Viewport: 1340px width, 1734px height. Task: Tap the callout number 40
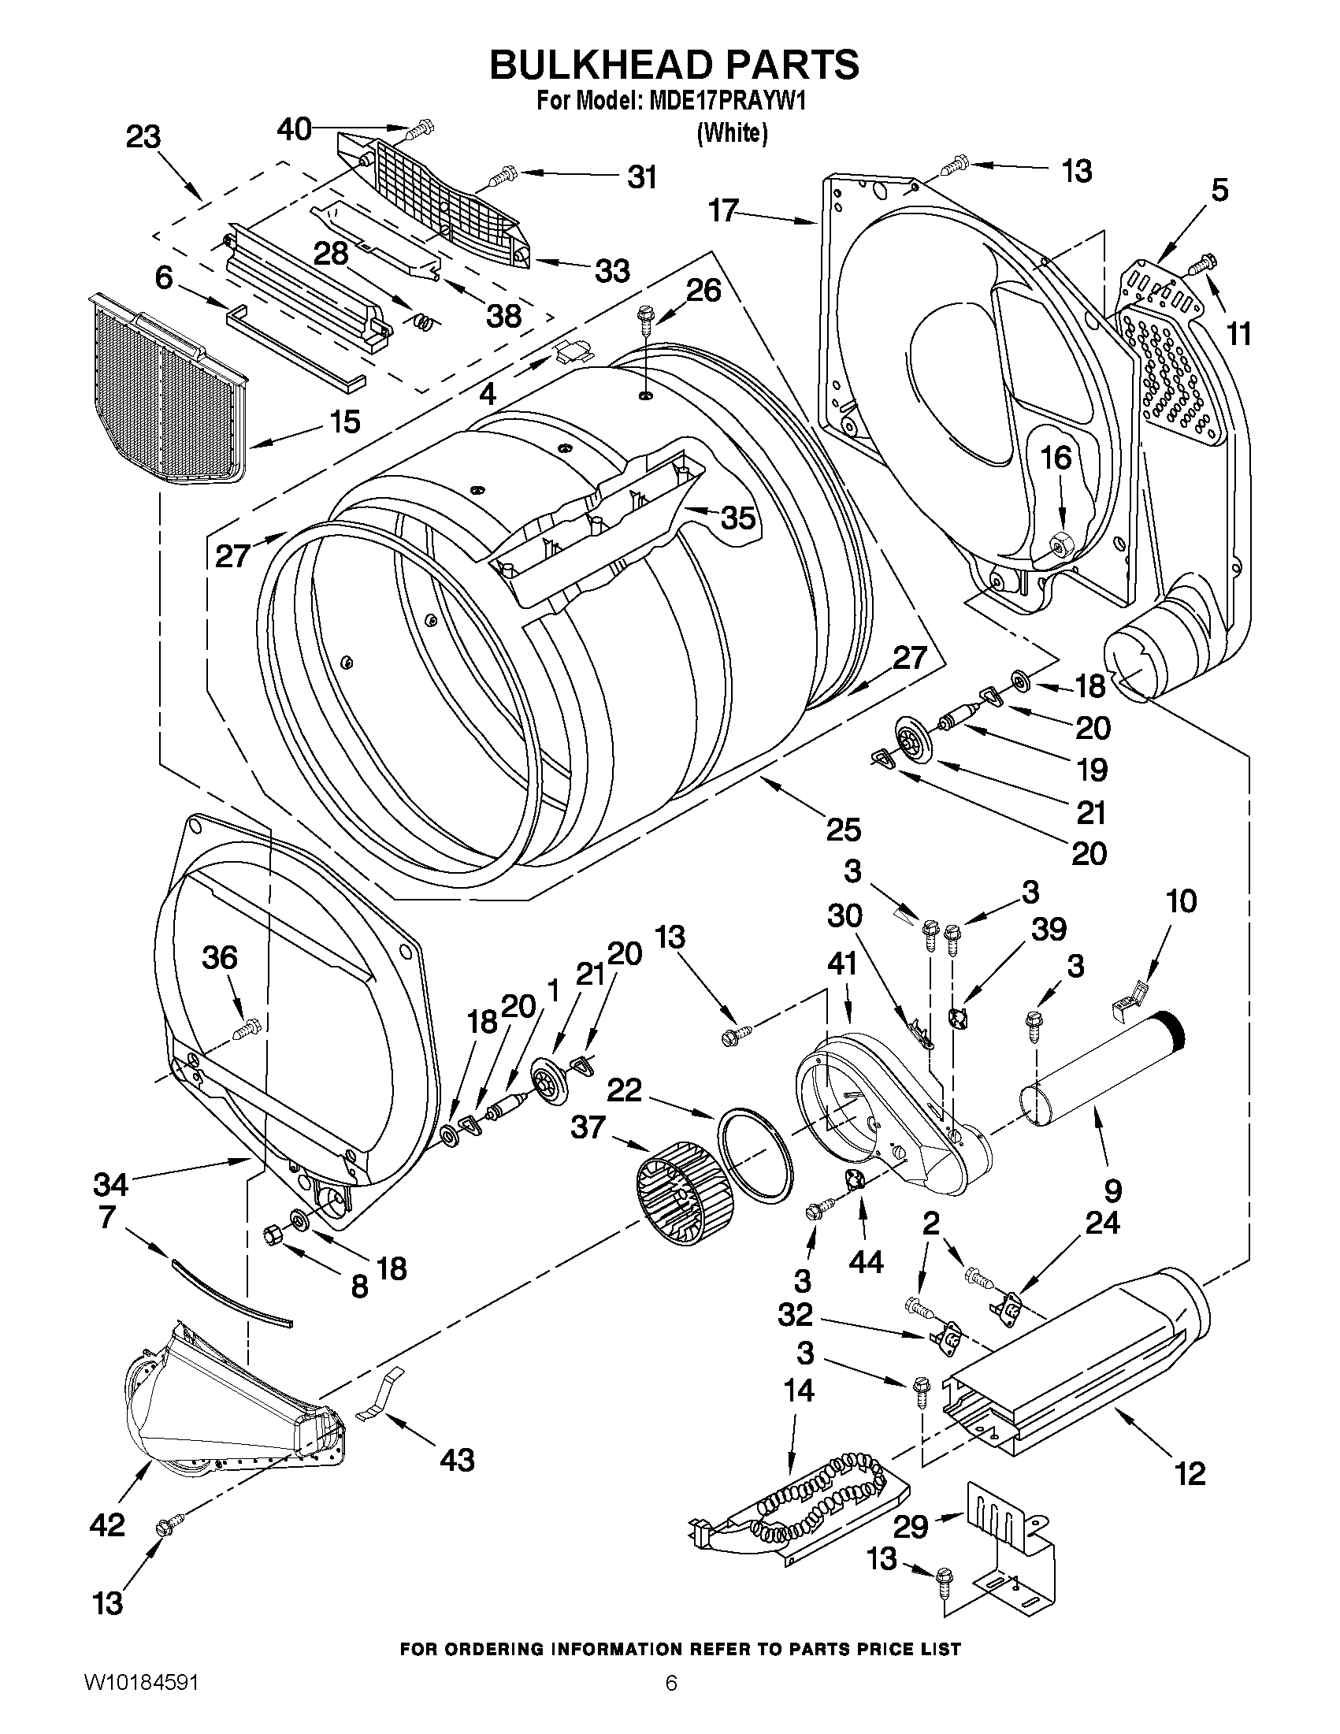[294, 128]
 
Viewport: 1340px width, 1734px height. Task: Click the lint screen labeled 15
[167, 389]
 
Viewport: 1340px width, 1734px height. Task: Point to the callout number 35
[737, 518]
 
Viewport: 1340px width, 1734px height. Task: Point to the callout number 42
[108, 1524]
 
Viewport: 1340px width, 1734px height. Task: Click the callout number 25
[843, 830]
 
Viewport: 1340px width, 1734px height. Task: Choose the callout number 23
[143, 136]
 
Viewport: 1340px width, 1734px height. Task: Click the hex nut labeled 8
[273, 1235]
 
